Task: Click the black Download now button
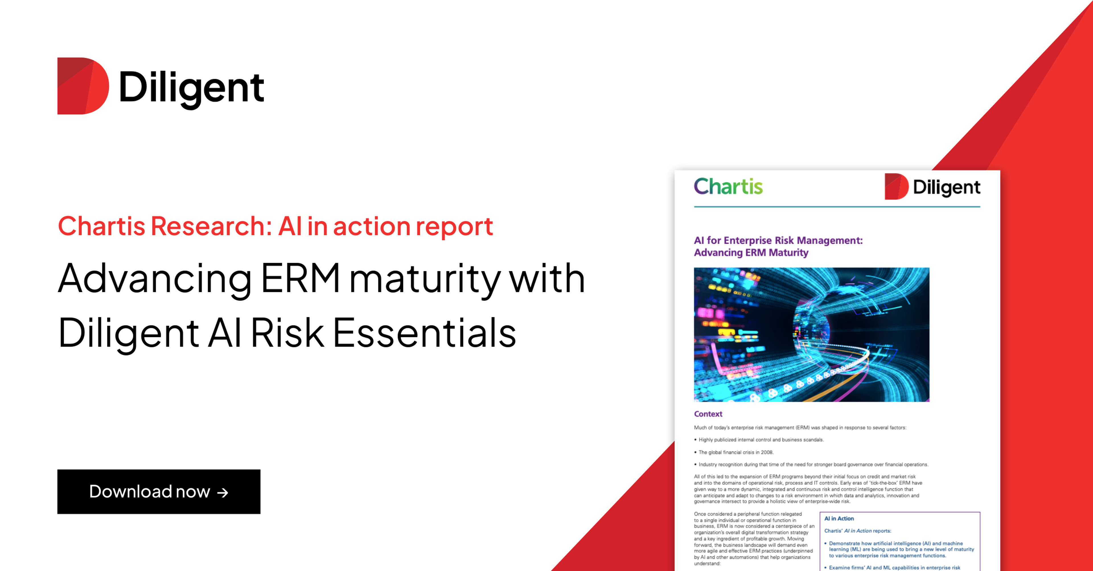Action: [x=159, y=491]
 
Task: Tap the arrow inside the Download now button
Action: [x=223, y=492]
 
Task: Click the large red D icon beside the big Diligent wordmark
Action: [x=83, y=86]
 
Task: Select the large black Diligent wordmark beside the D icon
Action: [x=192, y=88]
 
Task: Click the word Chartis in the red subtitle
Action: [x=101, y=226]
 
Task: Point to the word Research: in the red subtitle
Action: [x=211, y=226]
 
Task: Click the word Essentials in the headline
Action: [x=424, y=333]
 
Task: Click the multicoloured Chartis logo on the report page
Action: [x=728, y=187]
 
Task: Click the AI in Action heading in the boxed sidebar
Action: [x=839, y=518]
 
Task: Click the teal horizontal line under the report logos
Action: [x=837, y=207]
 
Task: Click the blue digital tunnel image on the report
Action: [x=811, y=334]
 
